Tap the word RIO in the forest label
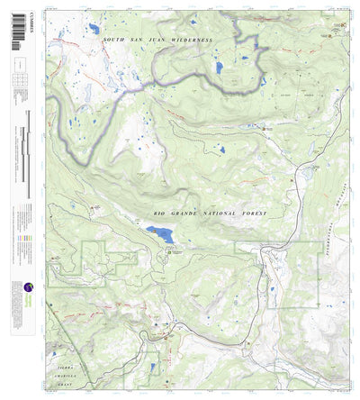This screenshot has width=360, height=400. point(160,212)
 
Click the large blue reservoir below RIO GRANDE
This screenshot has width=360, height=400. point(161,234)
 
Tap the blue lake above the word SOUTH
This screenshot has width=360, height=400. point(94,29)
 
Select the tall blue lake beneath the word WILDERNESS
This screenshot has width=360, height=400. point(217,67)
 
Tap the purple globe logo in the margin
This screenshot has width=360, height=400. point(28,289)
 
